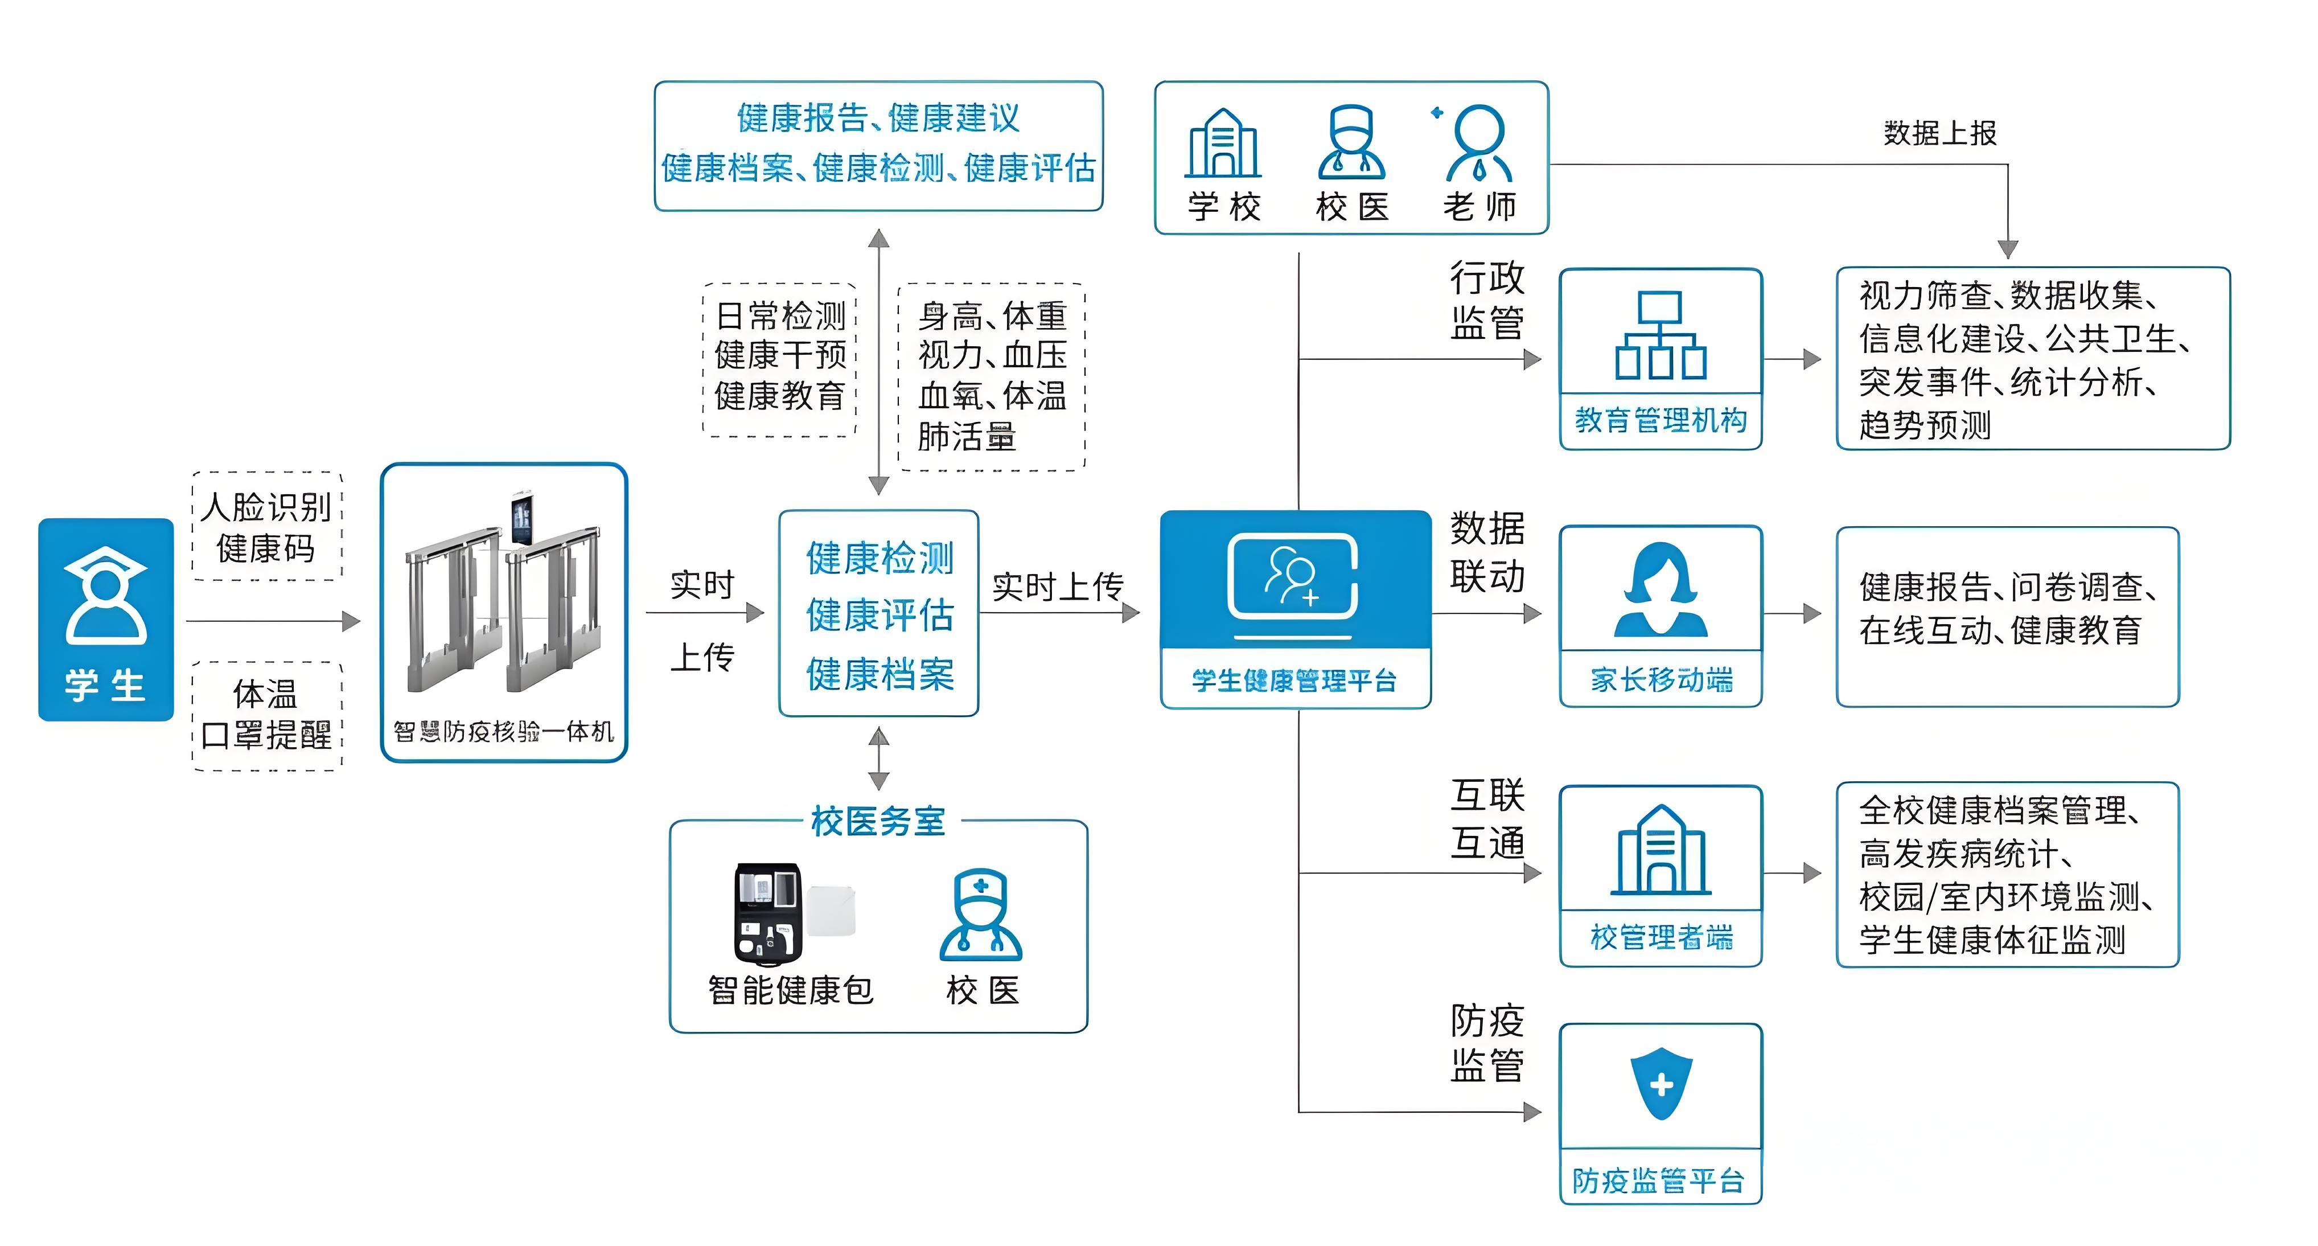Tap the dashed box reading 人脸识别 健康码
click(x=267, y=527)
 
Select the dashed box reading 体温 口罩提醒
click(x=267, y=715)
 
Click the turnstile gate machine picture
click(x=503, y=599)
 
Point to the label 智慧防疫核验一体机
click(x=504, y=731)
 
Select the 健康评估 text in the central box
click(x=879, y=616)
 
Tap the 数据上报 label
click(x=1940, y=133)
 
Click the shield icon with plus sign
click(x=1661, y=1084)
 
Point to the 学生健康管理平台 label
click(x=1294, y=681)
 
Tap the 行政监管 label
click(x=1486, y=300)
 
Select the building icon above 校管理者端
click(x=1660, y=851)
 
